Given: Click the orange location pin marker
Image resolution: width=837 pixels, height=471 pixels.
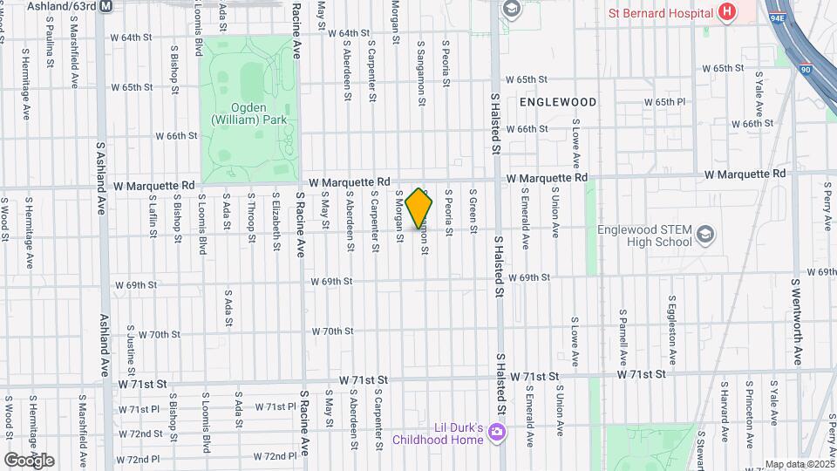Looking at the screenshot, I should pos(419,208).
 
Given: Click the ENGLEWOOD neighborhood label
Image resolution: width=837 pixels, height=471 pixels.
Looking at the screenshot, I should pos(558,102).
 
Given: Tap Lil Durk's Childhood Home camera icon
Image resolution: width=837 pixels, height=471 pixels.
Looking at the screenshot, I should pos(497,432).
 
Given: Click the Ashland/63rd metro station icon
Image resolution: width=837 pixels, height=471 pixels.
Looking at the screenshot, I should pos(106,5).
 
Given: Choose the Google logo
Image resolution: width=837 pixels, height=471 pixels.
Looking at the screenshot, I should pos(29,460).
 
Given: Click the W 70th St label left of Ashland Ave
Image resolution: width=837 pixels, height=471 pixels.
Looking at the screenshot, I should pos(159,334).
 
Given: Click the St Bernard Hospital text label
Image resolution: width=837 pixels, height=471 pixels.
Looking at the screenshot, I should pos(662,13).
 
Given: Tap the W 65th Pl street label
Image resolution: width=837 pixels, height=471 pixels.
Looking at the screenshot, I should pos(666,102).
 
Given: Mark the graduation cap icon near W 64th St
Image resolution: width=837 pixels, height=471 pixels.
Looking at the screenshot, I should pos(511,9).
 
